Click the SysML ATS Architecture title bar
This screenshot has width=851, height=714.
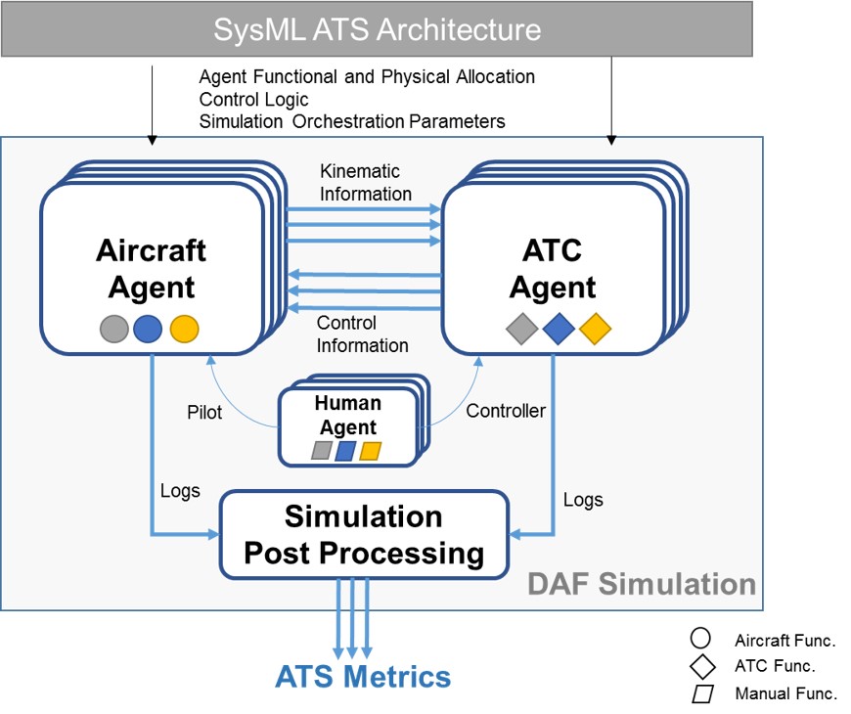click(377, 29)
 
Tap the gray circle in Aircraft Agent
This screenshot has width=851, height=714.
click(114, 329)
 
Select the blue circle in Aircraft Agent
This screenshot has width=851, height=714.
click(149, 329)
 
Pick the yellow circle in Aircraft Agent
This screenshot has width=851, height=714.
click(184, 329)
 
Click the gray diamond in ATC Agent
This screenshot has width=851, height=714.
click(521, 329)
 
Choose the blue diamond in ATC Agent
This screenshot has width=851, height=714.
click(558, 329)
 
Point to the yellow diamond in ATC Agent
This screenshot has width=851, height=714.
click(595, 329)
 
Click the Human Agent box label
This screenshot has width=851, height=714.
click(347, 416)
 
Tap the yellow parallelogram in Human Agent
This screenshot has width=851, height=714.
click(370, 451)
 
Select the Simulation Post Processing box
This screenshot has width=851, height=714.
click(364, 534)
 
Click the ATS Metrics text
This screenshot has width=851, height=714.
click(363, 677)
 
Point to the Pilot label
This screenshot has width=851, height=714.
click(204, 412)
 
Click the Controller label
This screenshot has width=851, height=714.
click(506, 411)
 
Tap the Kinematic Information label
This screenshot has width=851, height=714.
click(365, 182)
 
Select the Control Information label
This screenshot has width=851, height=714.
click(363, 334)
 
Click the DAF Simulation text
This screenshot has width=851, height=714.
click(642, 585)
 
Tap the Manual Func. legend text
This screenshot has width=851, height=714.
click(785, 694)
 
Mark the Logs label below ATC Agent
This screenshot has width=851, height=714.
click(583, 500)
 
